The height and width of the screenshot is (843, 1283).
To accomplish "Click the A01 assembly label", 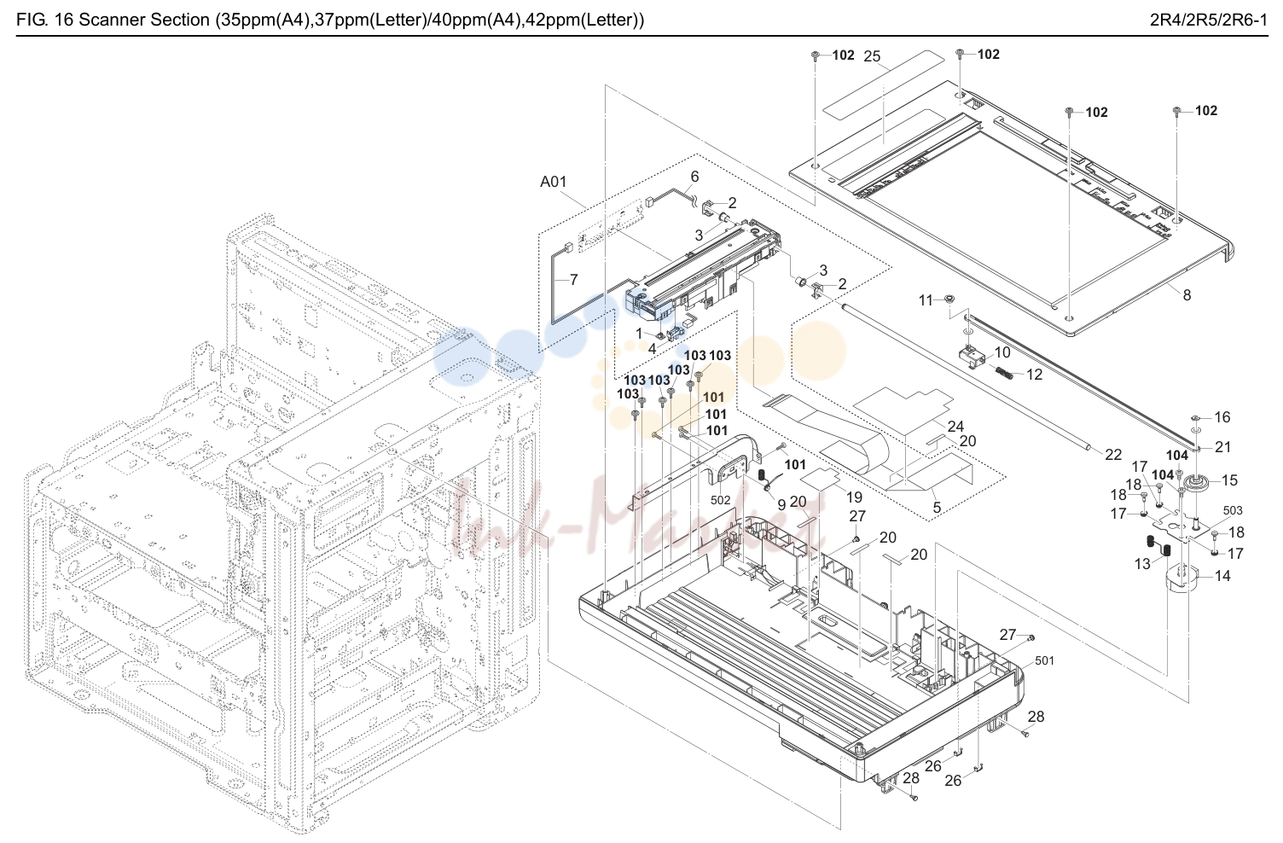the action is coord(553,182).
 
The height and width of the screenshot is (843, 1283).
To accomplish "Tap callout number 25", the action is coord(872,56).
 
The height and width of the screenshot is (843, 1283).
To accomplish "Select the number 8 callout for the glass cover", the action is coord(1187,294).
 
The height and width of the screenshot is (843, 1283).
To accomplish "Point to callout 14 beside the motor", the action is coord(1222,575).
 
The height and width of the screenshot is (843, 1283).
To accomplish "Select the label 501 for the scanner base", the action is coord(1044,660).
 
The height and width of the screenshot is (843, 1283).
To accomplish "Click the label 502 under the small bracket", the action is coord(720,500).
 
